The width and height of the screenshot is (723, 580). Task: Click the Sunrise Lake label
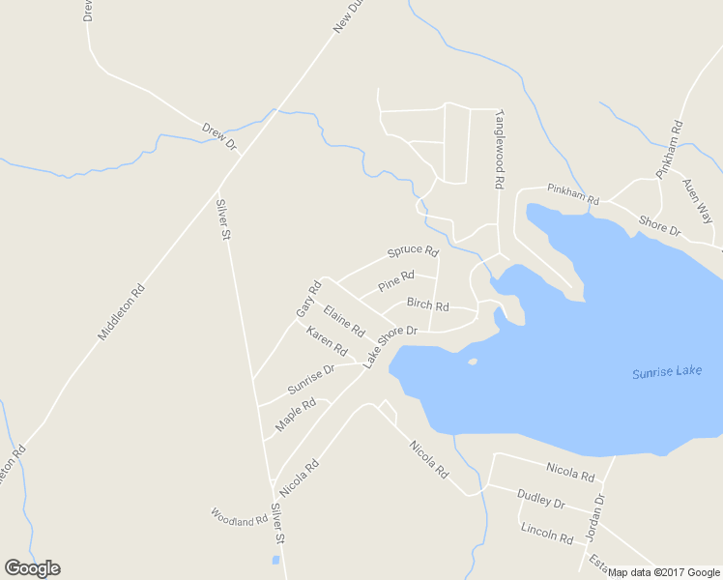tap(666, 372)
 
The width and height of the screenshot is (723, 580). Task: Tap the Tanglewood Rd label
tap(500, 148)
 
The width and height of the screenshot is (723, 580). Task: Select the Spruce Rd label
tap(413, 251)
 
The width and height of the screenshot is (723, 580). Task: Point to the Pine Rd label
tap(396, 282)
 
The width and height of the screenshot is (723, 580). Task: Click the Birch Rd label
tap(427, 304)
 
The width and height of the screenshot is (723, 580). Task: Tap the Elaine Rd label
tap(344, 321)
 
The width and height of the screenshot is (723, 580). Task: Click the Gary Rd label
tap(308, 300)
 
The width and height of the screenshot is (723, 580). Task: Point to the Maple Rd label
tap(296, 415)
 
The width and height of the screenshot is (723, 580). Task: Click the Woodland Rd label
tap(239, 519)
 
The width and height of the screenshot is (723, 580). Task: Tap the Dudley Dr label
tap(540, 499)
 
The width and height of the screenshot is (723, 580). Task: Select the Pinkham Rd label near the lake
tap(573, 193)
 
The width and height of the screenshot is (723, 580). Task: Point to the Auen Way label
tap(696, 200)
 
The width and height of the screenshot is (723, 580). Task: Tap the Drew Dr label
tap(219, 136)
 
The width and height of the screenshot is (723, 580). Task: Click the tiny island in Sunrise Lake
tap(473, 362)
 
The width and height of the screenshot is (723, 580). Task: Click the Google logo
tap(33, 568)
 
